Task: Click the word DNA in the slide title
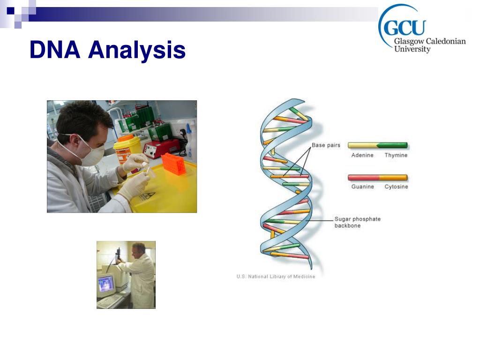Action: [x=55, y=49]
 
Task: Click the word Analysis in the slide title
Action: [x=137, y=51]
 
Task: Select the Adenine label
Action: [x=362, y=155]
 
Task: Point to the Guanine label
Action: [x=362, y=187]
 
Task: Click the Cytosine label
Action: [x=396, y=187]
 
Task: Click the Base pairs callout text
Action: [x=326, y=145]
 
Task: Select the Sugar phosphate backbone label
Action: [x=357, y=222]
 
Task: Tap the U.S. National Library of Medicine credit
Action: [x=276, y=277]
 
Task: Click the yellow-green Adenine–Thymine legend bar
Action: [x=378, y=145]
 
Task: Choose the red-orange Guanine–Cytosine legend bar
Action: [x=378, y=178]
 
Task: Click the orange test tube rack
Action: [x=173, y=164]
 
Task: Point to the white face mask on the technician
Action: [x=91, y=150]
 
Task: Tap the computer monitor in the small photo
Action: [x=106, y=284]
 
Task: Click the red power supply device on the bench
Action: [x=161, y=149]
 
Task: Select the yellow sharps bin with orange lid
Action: [x=127, y=149]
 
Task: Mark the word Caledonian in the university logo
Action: [x=446, y=41]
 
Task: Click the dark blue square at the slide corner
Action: [x=11, y=11]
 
